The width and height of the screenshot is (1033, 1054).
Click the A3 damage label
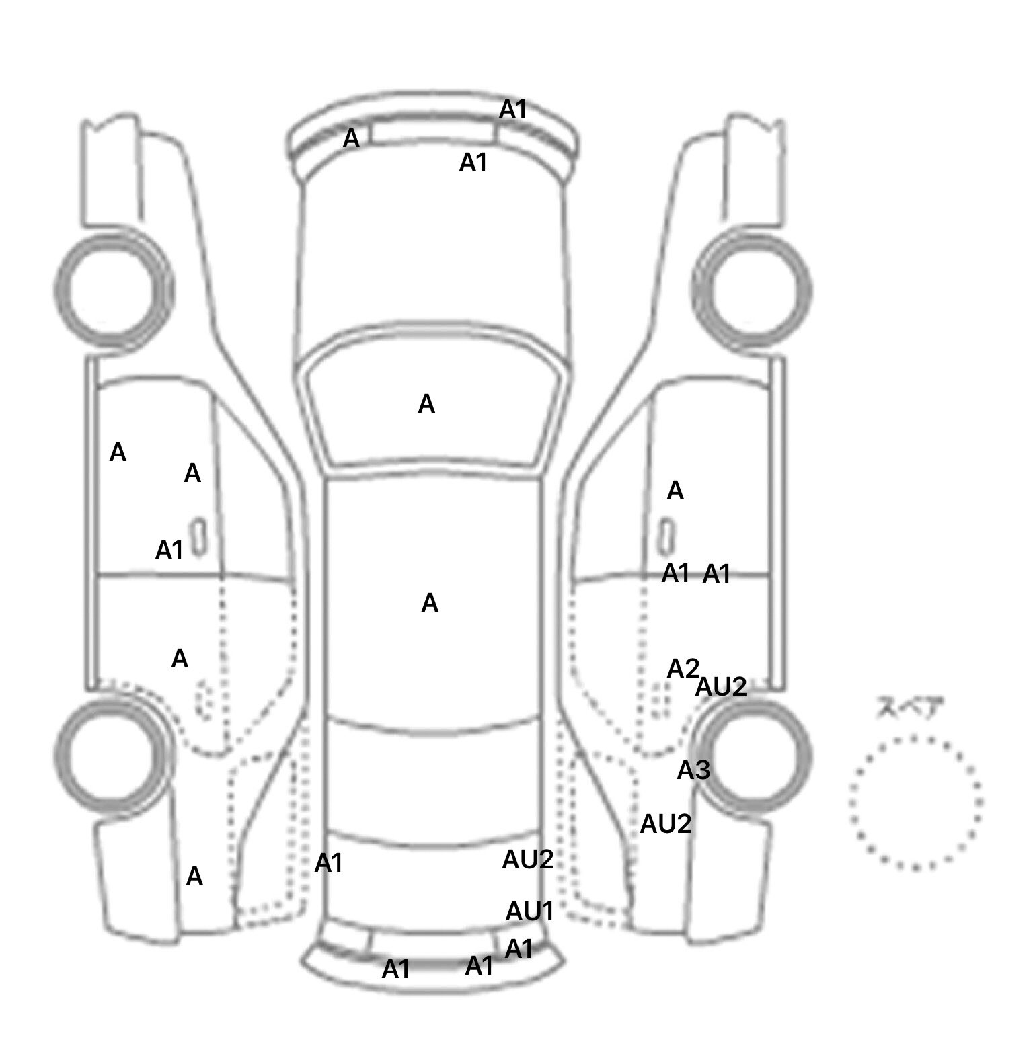pos(693,770)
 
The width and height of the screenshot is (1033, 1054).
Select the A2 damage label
pos(683,669)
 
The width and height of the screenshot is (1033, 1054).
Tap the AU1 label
pos(529,911)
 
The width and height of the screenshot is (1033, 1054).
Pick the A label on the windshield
pos(426,405)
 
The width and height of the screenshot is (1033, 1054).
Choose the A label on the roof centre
pos(430,604)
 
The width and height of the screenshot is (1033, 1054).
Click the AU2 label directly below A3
pos(666,824)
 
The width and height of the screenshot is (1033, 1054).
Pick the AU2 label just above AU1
pos(528,860)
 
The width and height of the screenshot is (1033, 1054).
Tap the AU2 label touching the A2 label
pos(721,687)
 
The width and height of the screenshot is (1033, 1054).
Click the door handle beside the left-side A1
pos(198,537)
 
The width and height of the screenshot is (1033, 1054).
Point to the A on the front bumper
pos(351,139)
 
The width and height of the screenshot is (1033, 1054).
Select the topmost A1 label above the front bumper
pos(512,110)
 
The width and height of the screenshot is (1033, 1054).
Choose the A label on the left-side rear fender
pos(194,877)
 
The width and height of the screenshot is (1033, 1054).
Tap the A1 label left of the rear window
pos(329,863)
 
